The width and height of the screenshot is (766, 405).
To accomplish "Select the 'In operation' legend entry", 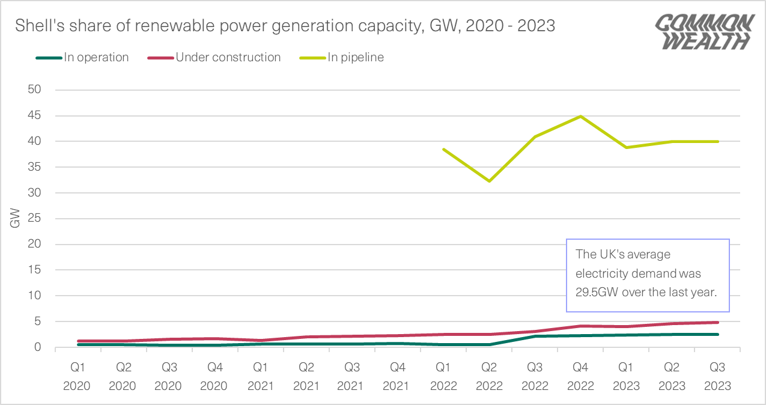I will pos(96,58).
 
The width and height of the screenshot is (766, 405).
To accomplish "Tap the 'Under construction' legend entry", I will pos(228,58).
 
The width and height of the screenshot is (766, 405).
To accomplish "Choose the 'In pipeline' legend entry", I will pos(355,58).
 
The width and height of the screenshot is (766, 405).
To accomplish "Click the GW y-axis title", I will pos(15,219).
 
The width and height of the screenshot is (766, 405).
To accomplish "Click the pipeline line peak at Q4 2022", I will pos(580,116).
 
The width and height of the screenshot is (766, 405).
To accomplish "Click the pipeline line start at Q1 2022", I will pos(443,149).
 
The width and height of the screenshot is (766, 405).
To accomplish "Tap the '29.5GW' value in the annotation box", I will pos(597,293).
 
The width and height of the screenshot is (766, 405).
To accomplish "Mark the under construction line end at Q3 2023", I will pos(717,323).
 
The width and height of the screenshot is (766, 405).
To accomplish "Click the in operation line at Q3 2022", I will pos(534,336).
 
